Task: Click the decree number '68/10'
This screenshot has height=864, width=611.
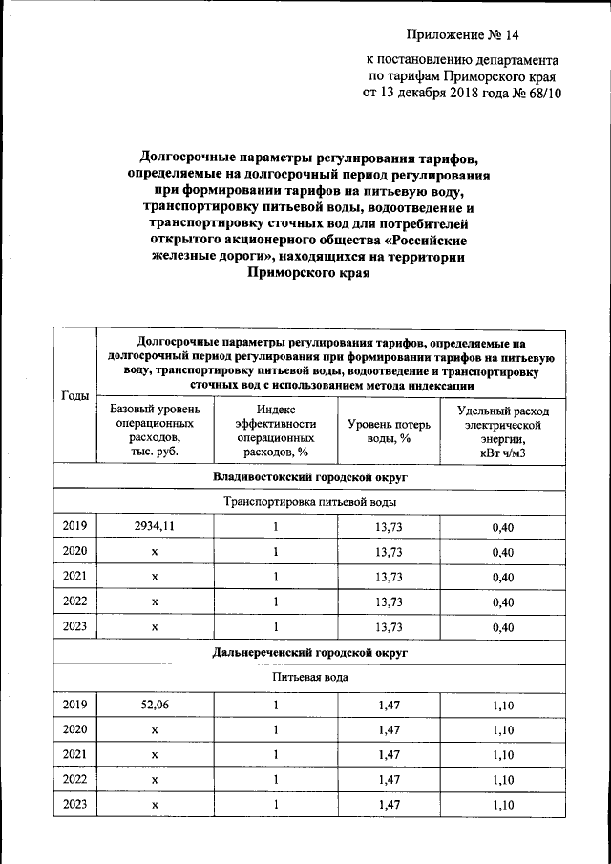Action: click(538, 95)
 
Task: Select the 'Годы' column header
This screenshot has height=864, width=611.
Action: click(74, 395)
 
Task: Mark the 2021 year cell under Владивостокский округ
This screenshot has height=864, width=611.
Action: click(74, 577)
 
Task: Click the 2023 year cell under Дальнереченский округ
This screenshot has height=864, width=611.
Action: click(74, 805)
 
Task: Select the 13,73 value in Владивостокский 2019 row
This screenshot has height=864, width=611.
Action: click(390, 526)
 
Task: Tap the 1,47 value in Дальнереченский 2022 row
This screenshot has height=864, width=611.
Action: click(390, 780)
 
